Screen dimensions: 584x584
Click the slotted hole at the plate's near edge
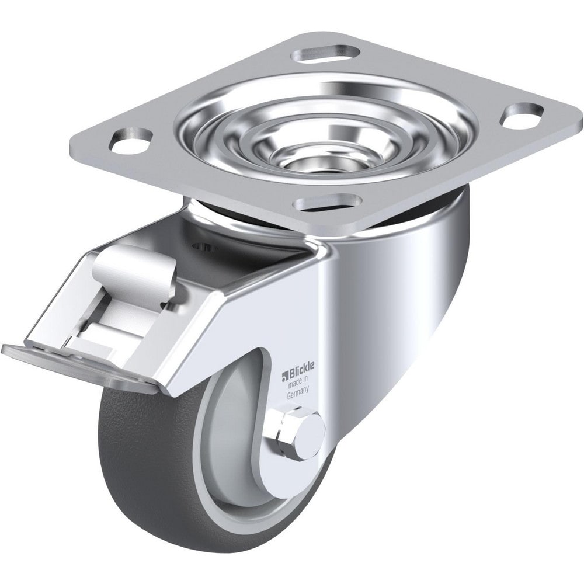325,203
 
